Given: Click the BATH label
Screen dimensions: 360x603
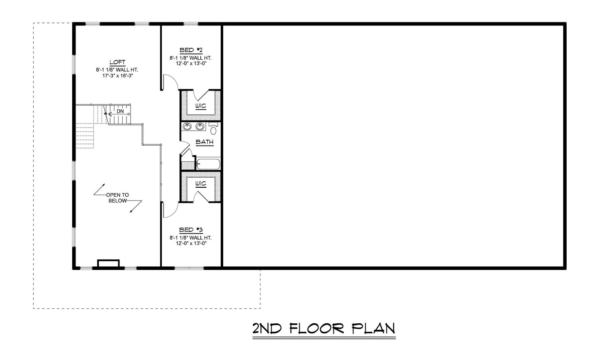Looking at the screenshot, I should [204, 142].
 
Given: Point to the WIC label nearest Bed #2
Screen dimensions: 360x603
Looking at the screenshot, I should [201, 106].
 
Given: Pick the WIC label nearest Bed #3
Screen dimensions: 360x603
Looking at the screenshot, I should [201, 184].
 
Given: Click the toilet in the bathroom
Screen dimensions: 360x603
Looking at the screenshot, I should [213, 129].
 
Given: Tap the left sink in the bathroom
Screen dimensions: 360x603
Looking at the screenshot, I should [186, 126].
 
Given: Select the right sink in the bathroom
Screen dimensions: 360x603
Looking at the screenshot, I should [200, 126].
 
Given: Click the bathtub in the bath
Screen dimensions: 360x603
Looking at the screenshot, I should [208, 164].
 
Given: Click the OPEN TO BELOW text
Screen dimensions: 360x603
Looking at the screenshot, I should [117, 198].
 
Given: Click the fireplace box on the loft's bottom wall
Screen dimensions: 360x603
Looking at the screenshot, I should [108, 263].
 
